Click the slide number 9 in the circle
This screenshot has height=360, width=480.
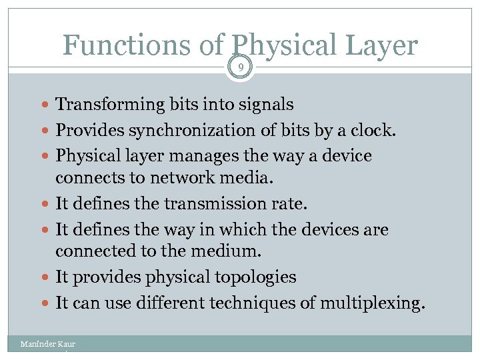tap(240, 67)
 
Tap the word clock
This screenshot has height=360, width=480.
tap(377, 131)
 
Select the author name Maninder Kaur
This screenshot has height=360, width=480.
tap(48, 344)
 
